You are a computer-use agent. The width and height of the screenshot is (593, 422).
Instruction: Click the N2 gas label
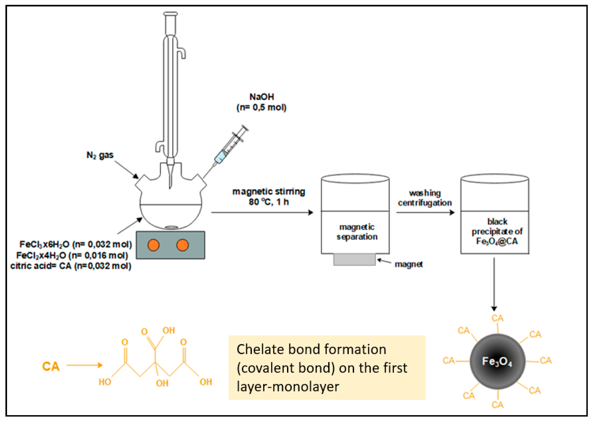click(x=100, y=155)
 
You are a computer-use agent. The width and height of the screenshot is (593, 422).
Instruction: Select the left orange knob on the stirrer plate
click(x=153, y=245)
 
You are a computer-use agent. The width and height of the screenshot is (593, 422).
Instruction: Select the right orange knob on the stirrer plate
click(x=182, y=245)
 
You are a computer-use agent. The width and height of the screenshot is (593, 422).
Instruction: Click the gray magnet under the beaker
click(x=354, y=260)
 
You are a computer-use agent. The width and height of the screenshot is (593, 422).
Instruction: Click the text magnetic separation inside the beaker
click(x=357, y=232)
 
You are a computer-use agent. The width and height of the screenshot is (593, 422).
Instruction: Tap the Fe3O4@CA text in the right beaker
click(x=497, y=241)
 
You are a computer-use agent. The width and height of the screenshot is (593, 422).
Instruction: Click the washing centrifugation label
click(x=425, y=198)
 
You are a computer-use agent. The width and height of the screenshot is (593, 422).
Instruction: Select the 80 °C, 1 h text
click(x=269, y=202)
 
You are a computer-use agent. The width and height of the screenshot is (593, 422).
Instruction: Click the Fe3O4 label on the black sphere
click(x=497, y=361)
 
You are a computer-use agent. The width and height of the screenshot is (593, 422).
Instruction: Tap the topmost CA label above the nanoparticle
click(x=497, y=318)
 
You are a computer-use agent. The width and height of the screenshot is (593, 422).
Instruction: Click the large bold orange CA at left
click(x=51, y=366)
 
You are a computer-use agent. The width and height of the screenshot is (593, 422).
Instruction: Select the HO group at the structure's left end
click(x=105, y=382)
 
